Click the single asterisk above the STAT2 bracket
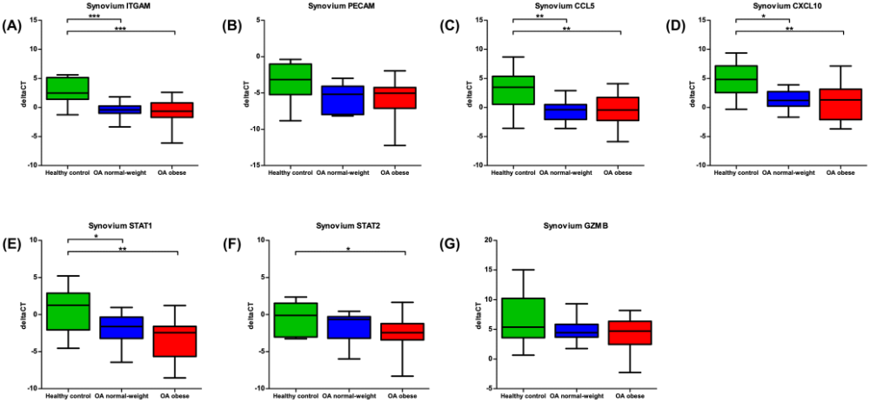pyautogui.click(x=348, y=249)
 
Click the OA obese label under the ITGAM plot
pyautogui.click(x=175, y=173)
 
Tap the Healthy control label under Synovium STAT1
pyautogui.click(x=67, y=396)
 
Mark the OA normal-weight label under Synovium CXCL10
pyautogui.click(x=789, y=173)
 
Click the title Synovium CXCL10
pyautogui.click(x=788, y=5)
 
